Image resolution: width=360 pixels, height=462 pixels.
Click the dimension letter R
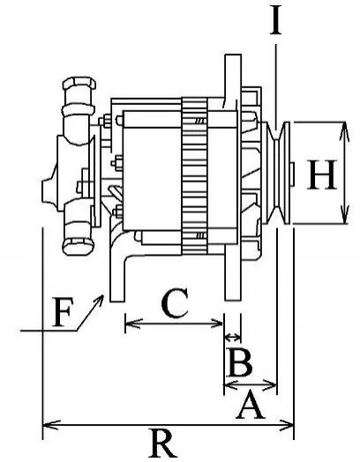pyautogui.click(x=164, y=444)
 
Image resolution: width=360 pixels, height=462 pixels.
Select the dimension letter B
pyautogui.click(x=240, y=361)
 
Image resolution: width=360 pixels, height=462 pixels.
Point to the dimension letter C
pyautogui.click(x=175, y=303)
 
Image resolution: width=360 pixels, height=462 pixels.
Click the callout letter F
pyautogui.click(x=62, y=313)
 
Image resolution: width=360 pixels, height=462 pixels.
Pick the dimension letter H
pyautogui.click(x=322, y=175)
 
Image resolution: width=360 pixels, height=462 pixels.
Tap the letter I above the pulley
pyautogui.click(x=276, y=19)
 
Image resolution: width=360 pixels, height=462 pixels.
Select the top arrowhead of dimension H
pyautogui.click(x=344, y=130)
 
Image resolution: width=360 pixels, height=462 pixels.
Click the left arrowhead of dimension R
pyautogui.click(x=50, y=425)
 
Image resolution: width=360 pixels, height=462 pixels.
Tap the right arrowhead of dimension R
pyautogui.click(x=287, y=425)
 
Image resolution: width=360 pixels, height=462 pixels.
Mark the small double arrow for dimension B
pyautogui.click(x=232, y=336)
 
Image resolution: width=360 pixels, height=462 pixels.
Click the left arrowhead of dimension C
pyautogui.click(x=133, y=324)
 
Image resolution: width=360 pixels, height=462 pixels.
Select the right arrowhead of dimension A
pyautogui.click(x=269, y=384)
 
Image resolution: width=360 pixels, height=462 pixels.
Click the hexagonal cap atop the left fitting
pyautogui.click(x=79, y=84)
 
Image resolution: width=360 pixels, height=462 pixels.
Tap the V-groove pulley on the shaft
pyautogui.click(x=277, y=173)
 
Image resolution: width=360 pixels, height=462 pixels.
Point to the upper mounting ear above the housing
pyautogui.click(x=233, y=77)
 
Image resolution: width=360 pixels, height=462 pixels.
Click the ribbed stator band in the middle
pyautogui.click(x=195, y=176)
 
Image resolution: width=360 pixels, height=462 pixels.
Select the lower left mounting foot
pyautogui.click(x=117, y=277)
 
